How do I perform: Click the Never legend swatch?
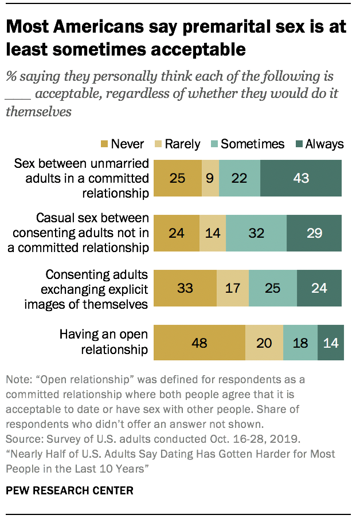pyautogui.click(x=104, y=144)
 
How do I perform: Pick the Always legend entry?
pyautogui.click(x=318, y=144)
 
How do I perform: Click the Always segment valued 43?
pyautogui.click(x=301, y=178)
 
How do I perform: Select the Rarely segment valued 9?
pyautogui.click(x=210, y=178)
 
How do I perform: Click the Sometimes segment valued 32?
pyautogui.click(x=256, y=233)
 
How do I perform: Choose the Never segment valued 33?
pyautogui.click(x=186, y=288)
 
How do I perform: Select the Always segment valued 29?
pyautogui.click(x=314, y=233)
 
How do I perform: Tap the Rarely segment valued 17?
pyautogui.click(x=233, y=288)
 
